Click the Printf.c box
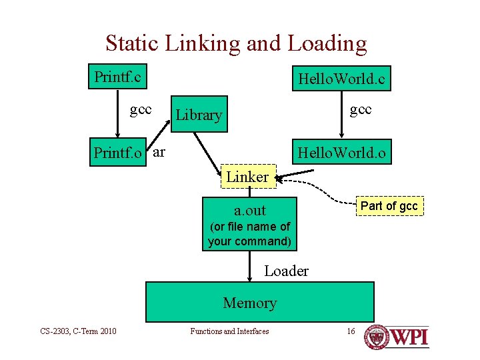(117, 77)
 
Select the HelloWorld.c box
(341, 79)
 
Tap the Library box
(198, 115)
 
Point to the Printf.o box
(118, 153)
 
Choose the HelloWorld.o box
(341, 153)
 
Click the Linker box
(247, 177)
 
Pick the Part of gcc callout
(389, 206)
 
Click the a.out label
(249, 211)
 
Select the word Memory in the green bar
(249, 303)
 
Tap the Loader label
(286, 271)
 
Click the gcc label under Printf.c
(141, 109)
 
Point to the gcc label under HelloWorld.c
(361, 109)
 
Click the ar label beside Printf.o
(159, 152)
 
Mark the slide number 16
(351, 331)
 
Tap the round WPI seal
(377, 337)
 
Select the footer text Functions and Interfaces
(229, 331)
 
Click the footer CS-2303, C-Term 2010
(78, 331)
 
